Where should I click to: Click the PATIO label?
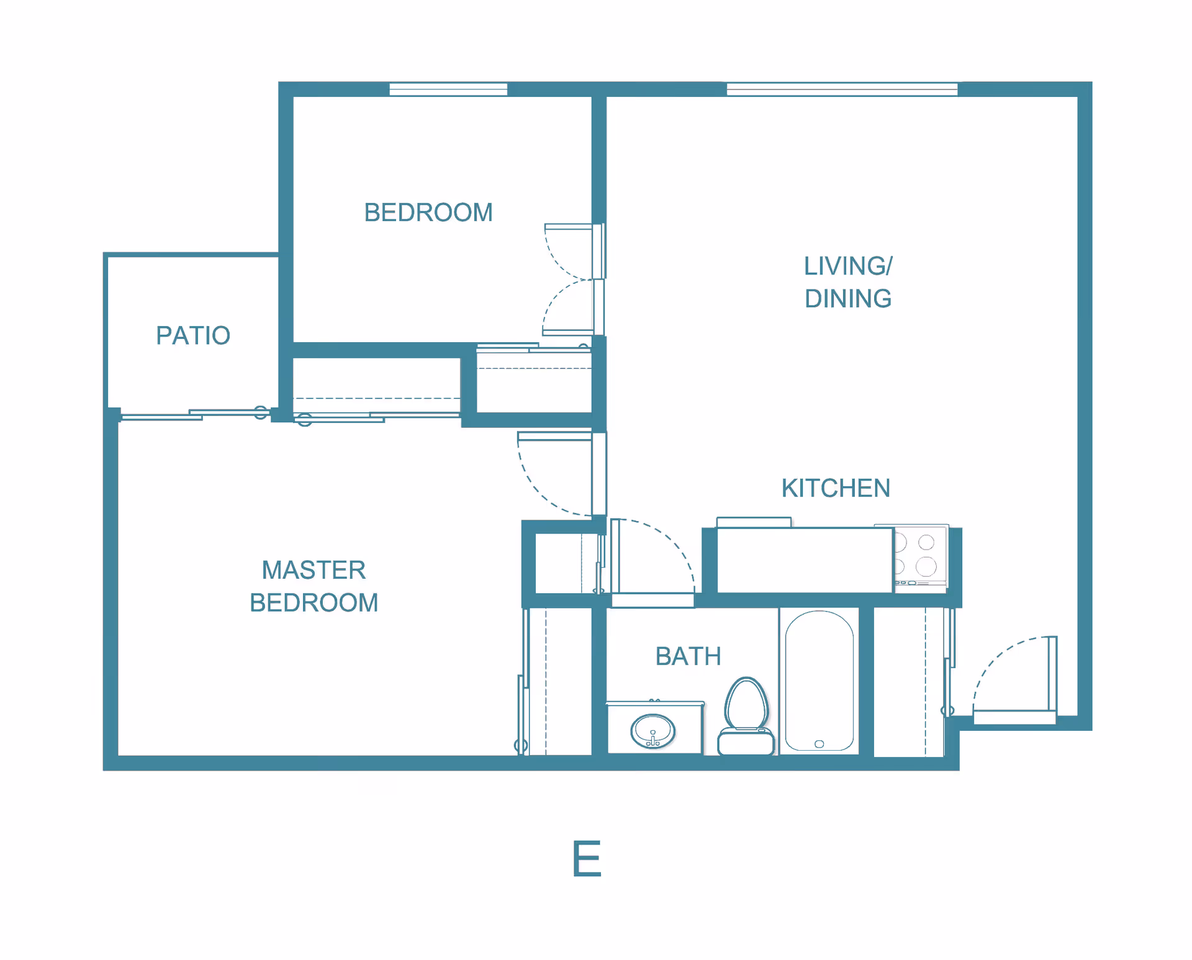coord(193,335)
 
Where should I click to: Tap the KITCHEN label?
coord(836,488)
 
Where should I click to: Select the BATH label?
coord(688,656)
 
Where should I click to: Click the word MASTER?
coord(314,570)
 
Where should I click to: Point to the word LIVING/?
coord(848,266)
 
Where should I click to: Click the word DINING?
coord(848,299)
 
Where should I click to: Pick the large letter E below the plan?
coord(587,858)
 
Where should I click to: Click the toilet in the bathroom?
coord(746,716)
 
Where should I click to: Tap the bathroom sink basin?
coord(652,731)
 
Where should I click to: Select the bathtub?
coord(819,681)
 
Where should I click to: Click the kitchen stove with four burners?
coord(921,557)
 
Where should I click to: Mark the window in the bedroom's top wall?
coord(448,89)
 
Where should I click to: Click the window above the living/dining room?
coord(842,89)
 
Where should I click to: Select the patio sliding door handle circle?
coord(261,412)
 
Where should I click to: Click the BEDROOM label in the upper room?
coord(428,212)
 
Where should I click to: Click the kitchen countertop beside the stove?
coord(805,560)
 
